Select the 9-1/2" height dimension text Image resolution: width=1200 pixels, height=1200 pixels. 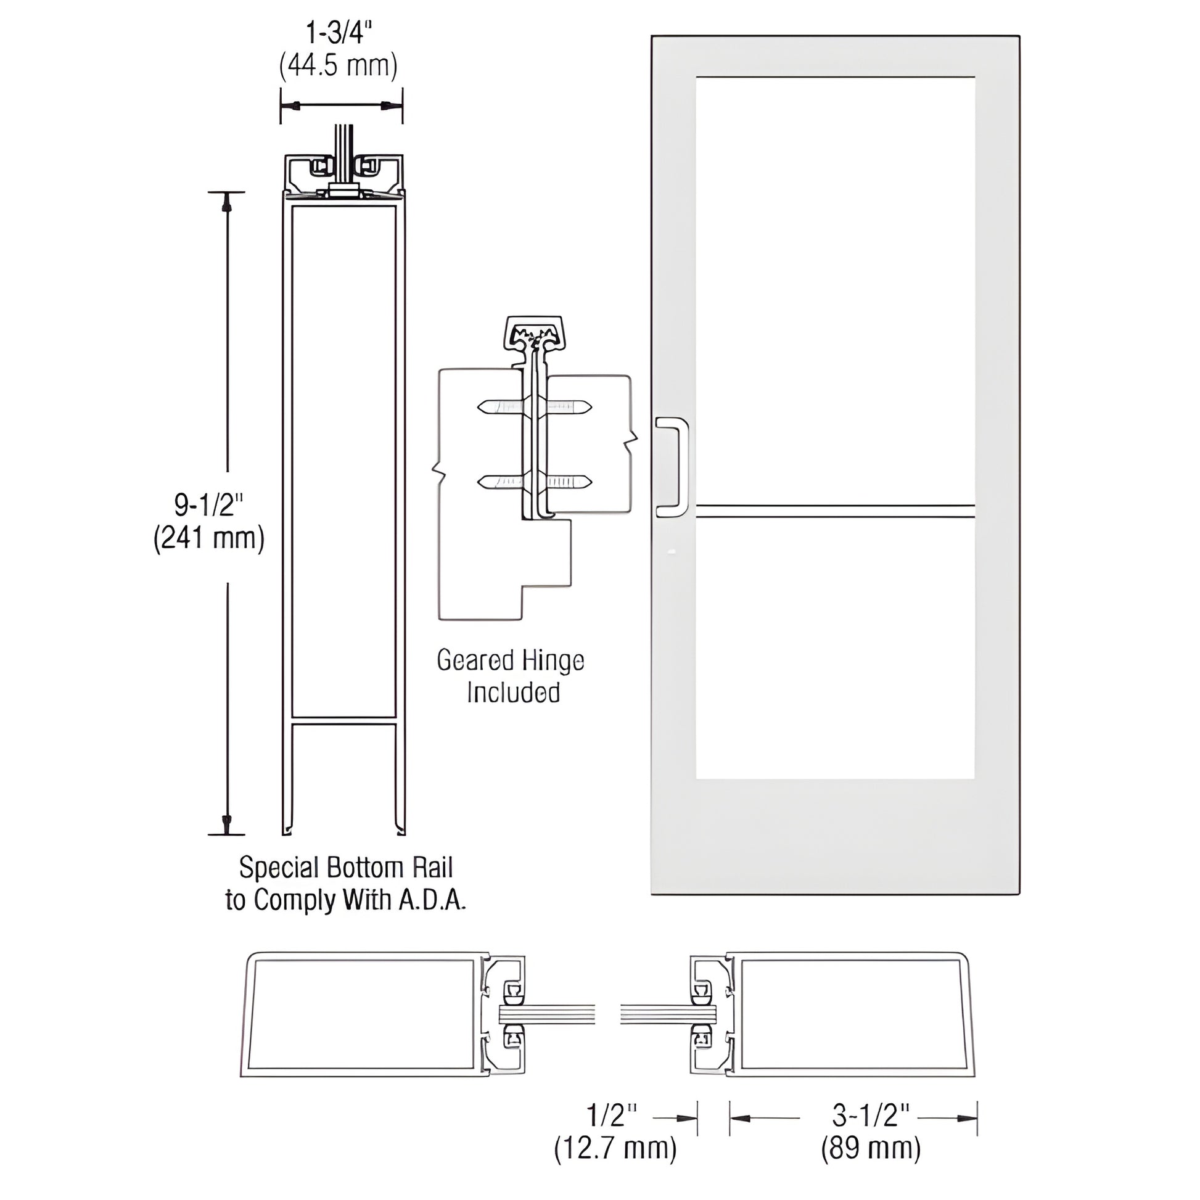tap(207, 506)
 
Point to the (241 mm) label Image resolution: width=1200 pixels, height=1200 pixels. tap(208, 538)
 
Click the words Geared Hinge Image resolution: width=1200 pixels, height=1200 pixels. tap(510, 660)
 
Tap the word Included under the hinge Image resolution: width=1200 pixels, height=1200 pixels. tap(513, 692)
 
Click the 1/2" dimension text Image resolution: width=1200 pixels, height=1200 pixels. tap(612, 1116)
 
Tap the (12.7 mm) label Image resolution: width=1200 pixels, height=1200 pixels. tap(615, 1149)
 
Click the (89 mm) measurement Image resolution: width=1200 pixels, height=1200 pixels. tap(871, 1149)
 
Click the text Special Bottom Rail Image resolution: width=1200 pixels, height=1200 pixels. tap(346, 867)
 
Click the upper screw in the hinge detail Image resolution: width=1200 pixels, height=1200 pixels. tap(534, 408)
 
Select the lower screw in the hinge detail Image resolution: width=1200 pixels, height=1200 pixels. tap(534, 481)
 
